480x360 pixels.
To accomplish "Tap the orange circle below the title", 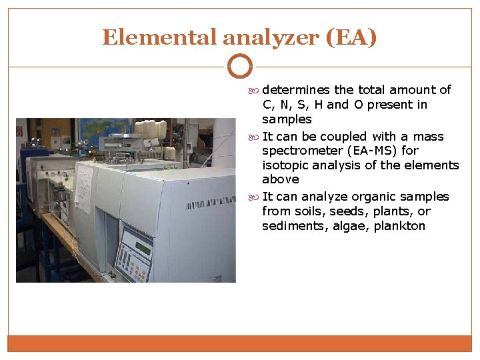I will pos(240,67).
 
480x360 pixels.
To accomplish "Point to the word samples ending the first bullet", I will pos(287,119).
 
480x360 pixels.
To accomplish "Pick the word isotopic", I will pos(285,165).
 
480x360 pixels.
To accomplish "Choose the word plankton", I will pos(399,226).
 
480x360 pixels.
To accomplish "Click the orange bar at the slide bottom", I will pos(240,343).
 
